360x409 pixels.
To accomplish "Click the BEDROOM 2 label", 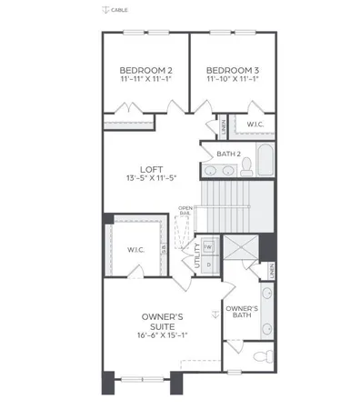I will pyautogui.click(x=145, y=70).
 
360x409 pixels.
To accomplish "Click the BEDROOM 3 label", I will pyautogui.click(x=232, y=70).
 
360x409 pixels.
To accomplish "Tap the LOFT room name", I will pyautogui.click(x=151, y=169).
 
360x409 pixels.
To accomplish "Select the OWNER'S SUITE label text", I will pyautogui.click(x=163, y=321).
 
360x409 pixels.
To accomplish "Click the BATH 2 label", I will pyautogui.click(x=229, y=154).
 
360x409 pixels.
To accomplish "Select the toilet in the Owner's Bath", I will pyautogui.click(x=258, y=354).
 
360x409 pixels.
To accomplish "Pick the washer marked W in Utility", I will pyautogui.click(x=207, y=246).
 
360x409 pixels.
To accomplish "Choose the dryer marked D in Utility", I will pyautogui.click(x=207, y=264).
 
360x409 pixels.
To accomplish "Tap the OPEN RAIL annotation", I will pyautogui.click(x=185, y=211).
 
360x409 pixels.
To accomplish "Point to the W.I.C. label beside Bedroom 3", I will pyautogui.click(x=255, y=124).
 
